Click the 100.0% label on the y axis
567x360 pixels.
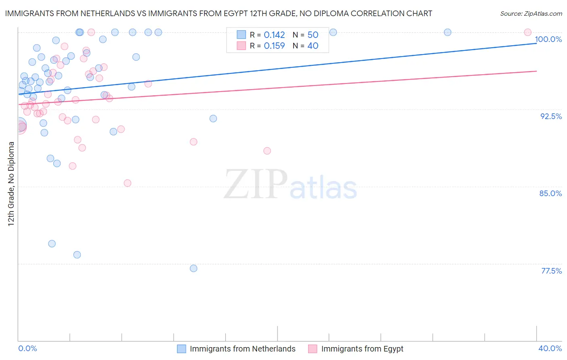coord(548,39)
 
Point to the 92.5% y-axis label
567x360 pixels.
coord(551,116)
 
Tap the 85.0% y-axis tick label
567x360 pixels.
coord(550,193)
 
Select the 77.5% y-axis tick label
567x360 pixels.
coord(551,271)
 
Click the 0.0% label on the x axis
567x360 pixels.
coord(27,348)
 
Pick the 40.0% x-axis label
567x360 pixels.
coord(550,348)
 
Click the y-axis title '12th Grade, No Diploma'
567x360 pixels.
coord(11,184)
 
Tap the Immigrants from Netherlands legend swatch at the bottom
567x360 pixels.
coord(181,349)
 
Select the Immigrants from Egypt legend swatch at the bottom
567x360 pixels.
coord(313,349)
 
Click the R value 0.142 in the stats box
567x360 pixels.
coord(274,35)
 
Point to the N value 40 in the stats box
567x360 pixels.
coord(313,46)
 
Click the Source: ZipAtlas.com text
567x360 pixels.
coord(531,14)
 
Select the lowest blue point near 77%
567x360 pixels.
coord(194,268)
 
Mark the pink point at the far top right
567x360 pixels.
coord(527,32)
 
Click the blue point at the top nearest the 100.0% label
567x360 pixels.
coord(448,32)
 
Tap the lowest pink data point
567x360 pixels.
coord(127,183)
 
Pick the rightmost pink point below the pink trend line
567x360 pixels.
coord(267,151)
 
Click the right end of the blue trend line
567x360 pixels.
coord(536,43)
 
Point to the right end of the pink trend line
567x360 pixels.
coord(536,71)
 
